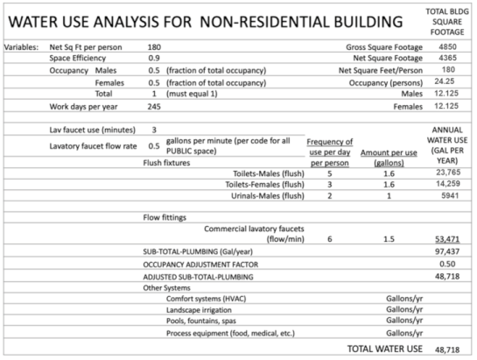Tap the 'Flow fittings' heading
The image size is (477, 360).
click(166, 215)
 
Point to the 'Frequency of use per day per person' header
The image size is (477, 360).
click(329, 152)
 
